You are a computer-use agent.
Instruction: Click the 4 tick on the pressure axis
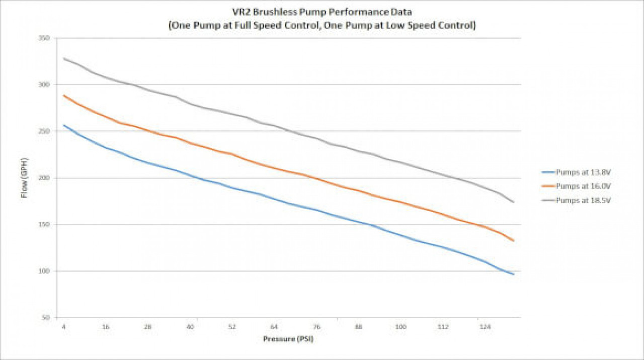coord(64,327)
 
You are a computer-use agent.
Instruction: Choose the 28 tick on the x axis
coord(148,327)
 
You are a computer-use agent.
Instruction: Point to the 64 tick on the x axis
coord(274,327)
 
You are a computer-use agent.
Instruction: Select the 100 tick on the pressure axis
coord(400,327)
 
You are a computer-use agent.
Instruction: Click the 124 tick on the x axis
coord(485,327)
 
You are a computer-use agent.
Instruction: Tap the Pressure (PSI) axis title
coord(288,339)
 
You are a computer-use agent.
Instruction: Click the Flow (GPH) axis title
coord(24,178)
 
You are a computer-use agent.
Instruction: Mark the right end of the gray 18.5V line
coord(513,202)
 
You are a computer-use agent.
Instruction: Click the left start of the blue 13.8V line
coord(64,125)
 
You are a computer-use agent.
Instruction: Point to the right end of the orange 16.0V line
coord(513,240)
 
